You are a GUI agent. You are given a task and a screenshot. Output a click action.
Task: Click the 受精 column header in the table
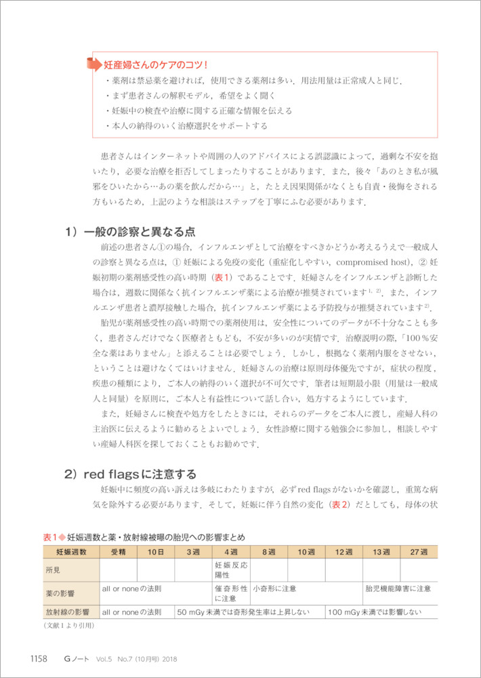click(x=118, y=552)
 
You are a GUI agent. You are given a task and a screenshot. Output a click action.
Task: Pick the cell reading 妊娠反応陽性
click(x=230, y=570)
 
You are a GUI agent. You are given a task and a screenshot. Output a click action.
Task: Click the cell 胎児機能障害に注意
click(x=398, y=589)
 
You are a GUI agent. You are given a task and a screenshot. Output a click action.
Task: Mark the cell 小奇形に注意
click(x=275, y=589)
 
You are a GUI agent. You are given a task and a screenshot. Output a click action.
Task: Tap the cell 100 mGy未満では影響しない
click(x=375, y=612)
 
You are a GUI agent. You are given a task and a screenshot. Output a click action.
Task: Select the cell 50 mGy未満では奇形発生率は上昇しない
click(x=243, y=612)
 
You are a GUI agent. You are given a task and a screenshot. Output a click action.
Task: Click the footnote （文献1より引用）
click(x=64, y=626)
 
